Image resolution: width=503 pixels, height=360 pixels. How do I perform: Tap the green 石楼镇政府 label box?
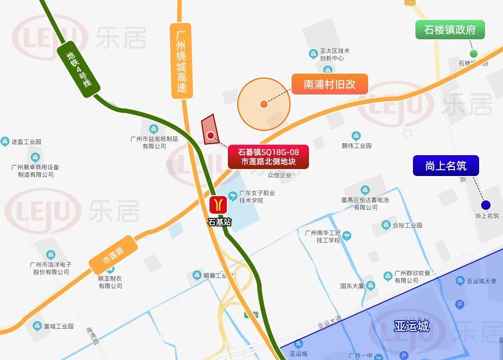click(450, 30)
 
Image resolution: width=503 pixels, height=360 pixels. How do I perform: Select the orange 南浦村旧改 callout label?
click(329, 84)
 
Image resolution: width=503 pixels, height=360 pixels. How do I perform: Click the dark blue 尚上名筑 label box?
click(446, 166)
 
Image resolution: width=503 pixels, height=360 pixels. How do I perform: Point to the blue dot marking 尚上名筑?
click(486, 205)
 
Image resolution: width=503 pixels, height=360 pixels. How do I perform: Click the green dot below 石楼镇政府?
click(474, 54)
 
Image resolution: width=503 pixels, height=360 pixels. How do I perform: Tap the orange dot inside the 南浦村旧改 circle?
click(263, 104)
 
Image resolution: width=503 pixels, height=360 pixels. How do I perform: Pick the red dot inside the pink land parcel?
click(210, 135)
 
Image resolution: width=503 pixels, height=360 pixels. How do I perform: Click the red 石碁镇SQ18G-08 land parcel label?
click(269, 157)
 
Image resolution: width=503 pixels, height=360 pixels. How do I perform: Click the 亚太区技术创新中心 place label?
click(334, 54)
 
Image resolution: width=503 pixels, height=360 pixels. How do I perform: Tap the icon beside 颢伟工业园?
click(356, 136)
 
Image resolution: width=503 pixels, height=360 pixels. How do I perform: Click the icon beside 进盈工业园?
click(5, 142)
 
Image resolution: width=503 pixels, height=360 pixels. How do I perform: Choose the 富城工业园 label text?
click(58, 326)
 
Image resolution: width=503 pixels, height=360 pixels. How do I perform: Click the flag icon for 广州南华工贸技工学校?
click(347, 236)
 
